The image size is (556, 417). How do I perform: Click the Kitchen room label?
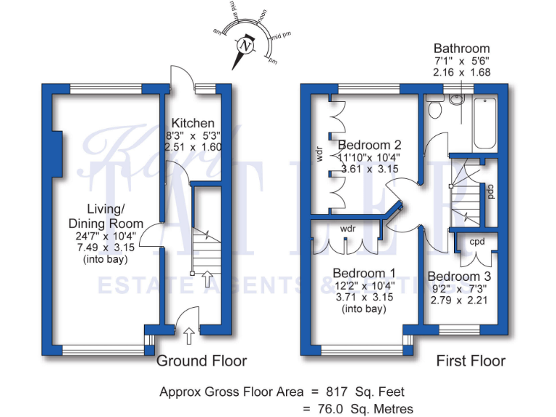(x=193, y=122)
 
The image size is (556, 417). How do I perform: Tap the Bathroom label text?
(x=461, y=49)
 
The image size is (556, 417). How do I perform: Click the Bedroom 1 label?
(x=363, y=273)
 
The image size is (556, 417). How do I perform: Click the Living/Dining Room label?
(x=106, y=216)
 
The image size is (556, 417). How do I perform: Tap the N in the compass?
(x=248, y=46)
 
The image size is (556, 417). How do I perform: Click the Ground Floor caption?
(x=201, y=361)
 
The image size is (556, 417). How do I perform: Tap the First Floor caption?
(x=471, y=361)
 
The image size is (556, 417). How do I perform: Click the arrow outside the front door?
(x=189, y=335)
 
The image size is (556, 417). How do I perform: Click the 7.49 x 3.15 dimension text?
(x=106, y=248)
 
